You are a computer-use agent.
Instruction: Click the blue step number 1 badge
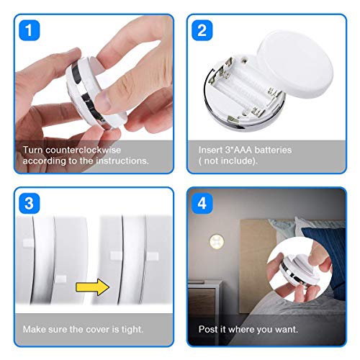[x=30, y=30]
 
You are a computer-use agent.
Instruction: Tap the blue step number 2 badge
[x=202, y=30]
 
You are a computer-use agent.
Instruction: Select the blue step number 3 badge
[x=30, y=203]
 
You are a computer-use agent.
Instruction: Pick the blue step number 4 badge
[x=202, y=203]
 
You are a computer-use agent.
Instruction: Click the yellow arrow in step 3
[x=92, y=287]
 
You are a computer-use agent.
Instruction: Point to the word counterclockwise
[x=83, y=150]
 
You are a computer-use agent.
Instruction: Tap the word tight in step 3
[x=132, y=329]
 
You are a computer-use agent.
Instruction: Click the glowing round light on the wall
[x=217, y=241]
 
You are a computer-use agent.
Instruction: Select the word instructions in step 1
[x=122, y=161]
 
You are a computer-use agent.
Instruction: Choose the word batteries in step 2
[x=273, y=150]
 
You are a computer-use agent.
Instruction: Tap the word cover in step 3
[x=98, y=329]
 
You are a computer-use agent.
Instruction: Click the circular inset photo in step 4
[x=300, y=269]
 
